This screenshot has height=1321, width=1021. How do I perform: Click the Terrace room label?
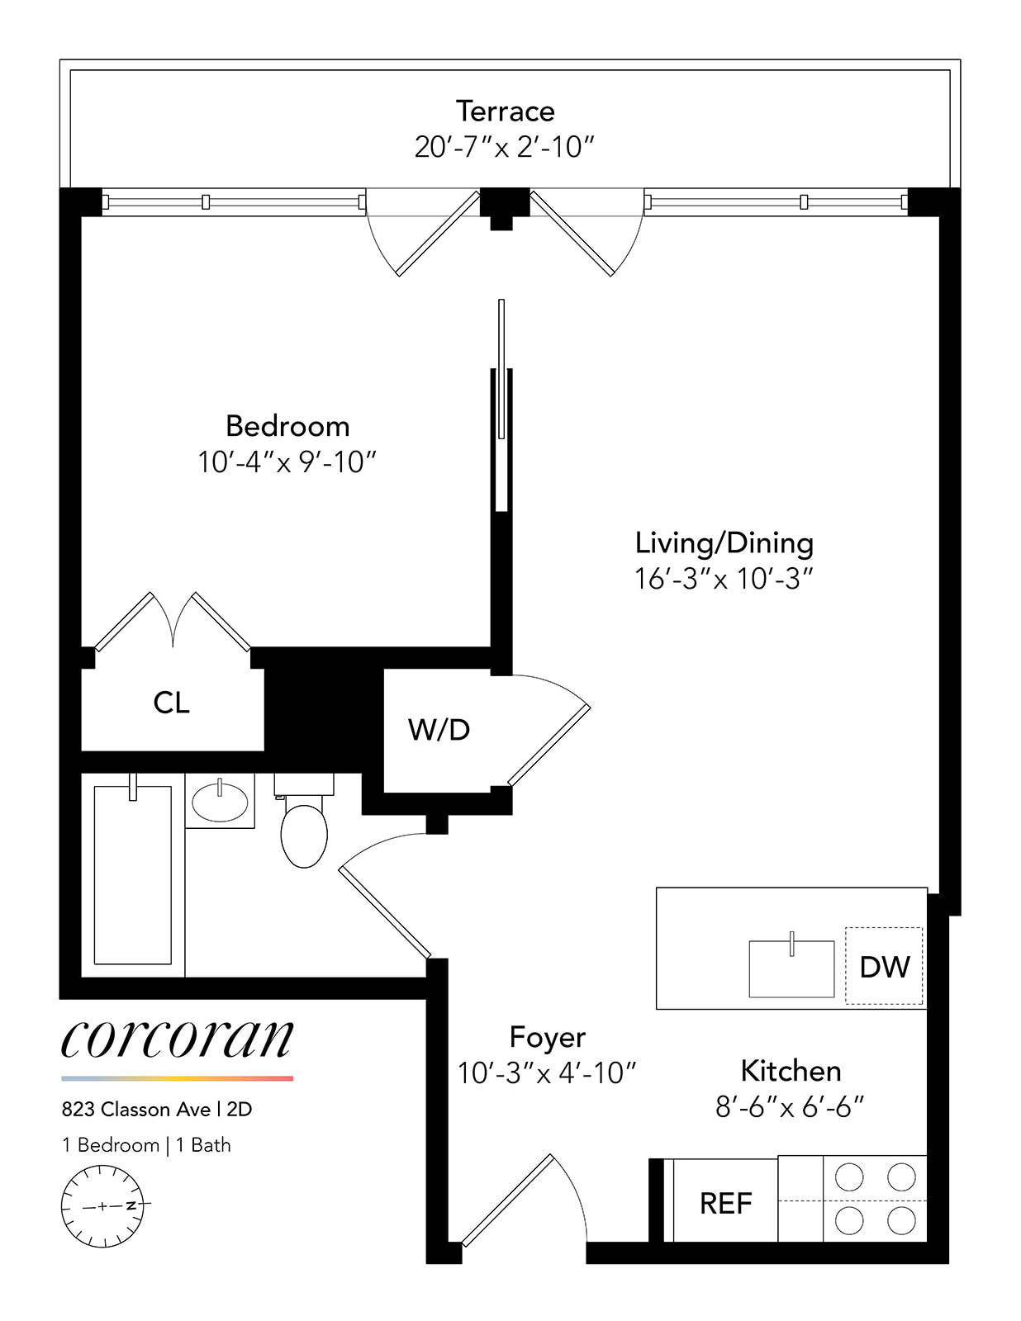505,111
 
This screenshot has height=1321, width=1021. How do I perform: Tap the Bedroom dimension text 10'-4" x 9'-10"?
287,462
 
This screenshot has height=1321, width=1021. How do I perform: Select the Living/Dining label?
724,543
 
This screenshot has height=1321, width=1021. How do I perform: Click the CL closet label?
171,703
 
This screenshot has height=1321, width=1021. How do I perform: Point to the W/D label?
439,730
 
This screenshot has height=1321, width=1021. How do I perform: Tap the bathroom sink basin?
219,801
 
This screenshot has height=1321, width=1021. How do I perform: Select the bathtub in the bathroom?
132,875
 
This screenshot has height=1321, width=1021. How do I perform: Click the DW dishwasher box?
884,966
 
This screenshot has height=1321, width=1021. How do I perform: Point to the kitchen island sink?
791,968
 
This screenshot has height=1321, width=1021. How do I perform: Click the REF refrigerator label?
725,1204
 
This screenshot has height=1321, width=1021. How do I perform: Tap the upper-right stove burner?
900,1177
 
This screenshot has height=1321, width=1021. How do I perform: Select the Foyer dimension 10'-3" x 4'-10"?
547,1073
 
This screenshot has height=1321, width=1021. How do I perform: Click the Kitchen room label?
791,1071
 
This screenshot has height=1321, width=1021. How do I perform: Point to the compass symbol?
102,1206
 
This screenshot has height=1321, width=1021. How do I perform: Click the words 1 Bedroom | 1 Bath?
146,1145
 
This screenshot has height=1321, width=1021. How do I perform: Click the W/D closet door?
549,745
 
